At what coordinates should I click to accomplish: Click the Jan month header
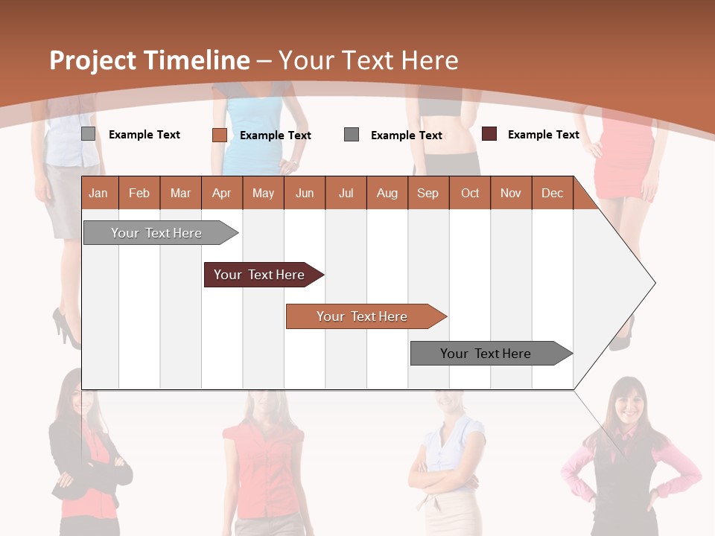pos(98,193)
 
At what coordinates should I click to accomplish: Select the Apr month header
pos(221,193)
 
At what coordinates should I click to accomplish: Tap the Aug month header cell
pos(387,193)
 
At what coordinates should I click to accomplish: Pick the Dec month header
pos(552,193)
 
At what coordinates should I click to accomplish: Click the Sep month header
pos(428,193)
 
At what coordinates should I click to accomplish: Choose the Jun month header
pos(304,193)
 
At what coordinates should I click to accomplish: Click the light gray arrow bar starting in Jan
pos(156,233)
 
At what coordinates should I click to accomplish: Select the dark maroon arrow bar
pos(259,275)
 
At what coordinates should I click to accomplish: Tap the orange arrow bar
pos(362,316)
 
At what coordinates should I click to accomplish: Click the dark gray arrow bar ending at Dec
pos(486,354)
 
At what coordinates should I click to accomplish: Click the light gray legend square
pos(88,134)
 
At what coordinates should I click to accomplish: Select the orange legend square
pos(219,135)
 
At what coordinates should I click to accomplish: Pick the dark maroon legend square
pos(489,134)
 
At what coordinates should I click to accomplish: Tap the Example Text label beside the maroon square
pos(543,135)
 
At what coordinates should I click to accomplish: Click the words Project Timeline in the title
pos(149,60)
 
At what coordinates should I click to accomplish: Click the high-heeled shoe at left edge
pos(64,328)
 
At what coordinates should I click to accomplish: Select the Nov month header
pos(510,193)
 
